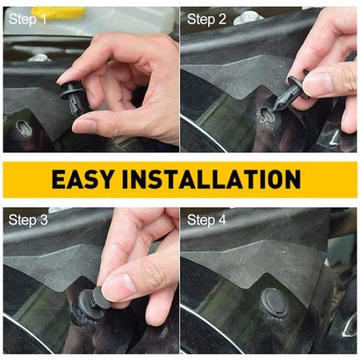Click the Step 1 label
point(28,20)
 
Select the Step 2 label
point(206,20)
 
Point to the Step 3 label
point(28,220)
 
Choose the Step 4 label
point(206,220)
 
